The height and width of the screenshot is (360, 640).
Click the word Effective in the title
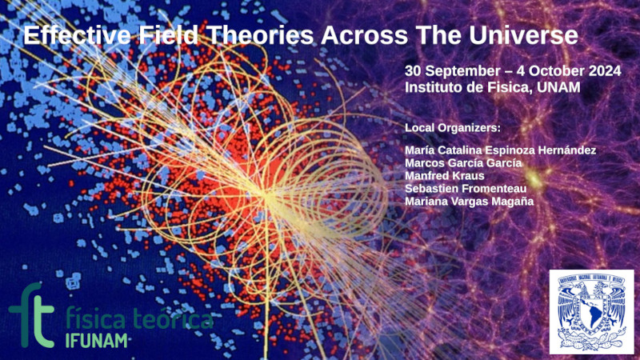coord(77,35)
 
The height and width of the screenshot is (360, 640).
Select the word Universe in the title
coord(524,35)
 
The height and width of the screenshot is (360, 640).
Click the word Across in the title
coord(364,35)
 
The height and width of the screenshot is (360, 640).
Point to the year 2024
coord(605,71)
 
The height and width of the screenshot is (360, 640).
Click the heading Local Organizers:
coord(453,128)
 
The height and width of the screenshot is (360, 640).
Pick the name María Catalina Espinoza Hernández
coord(501,150)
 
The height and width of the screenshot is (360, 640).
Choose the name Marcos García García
coord(463,163)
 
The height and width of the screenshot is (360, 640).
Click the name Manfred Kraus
coord(445,175)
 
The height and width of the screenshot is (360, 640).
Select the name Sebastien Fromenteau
coord(466,189)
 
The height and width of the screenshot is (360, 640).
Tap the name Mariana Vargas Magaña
coord(469,202)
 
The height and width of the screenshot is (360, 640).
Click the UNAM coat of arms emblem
coord(592,311)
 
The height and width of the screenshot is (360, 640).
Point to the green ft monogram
coord(31,315)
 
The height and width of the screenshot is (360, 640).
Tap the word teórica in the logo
coord(174,319)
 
